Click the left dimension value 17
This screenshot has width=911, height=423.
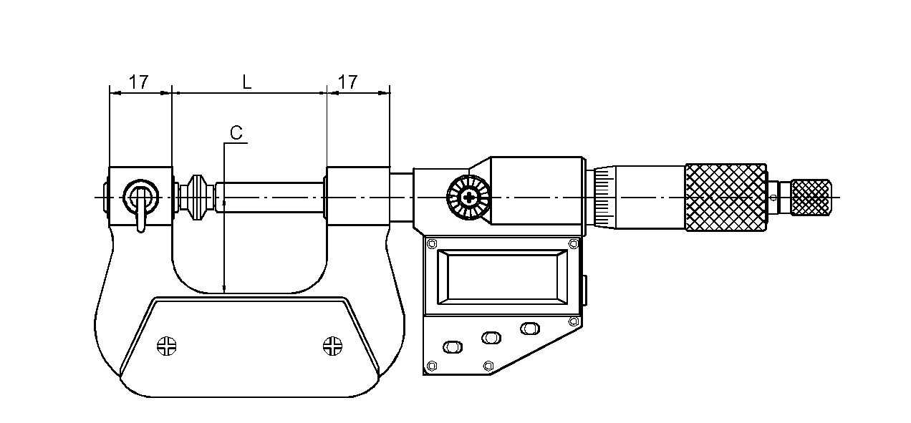(139, 82)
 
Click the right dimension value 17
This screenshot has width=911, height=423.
(348, 82)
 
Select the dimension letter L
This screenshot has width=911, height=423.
(247, 82)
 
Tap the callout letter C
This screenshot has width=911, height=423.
(236, 133)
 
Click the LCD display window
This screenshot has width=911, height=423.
(502, 277)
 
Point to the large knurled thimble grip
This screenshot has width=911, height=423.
(726, 198)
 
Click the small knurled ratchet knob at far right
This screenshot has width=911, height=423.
(811, 198)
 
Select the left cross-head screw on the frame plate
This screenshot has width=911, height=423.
(167, 346)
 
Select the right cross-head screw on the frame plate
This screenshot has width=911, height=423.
(333, 346)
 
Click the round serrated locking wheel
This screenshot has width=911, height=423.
(468, 198)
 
